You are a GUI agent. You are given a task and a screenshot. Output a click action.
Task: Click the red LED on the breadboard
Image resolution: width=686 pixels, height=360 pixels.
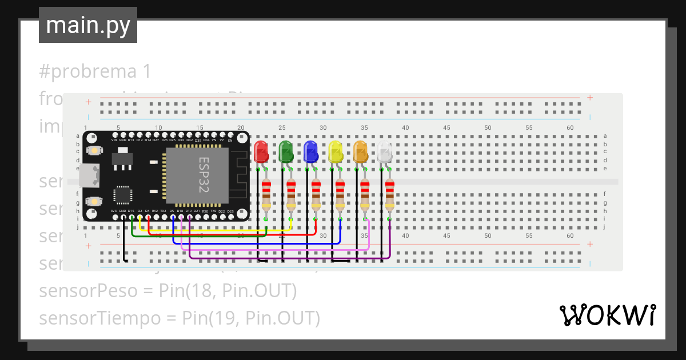[x=261, y=151]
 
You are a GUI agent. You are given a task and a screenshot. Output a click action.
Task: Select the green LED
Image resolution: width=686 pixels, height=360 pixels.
[x=285, y=151]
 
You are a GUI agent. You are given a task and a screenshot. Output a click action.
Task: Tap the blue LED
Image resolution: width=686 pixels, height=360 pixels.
[x=310, y=151]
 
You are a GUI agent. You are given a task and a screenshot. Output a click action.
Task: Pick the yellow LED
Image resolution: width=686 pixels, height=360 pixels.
[x=335, y=151]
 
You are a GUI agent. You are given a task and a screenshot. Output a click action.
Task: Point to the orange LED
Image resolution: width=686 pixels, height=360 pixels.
[x=360, y=151]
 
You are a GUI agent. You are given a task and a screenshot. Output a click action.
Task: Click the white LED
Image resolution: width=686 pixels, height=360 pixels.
[x=385, y=151]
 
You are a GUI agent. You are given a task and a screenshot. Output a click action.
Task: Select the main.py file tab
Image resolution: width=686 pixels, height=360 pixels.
[x=88, y=25]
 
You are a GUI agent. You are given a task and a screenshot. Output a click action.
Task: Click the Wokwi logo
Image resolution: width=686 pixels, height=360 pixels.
[x=607, y=315]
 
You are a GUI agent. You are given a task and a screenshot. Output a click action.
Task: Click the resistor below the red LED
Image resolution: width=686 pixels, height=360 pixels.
[x=266, y=195]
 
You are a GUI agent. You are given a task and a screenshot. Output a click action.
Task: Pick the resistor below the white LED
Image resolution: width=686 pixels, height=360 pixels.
[x=389, y=195]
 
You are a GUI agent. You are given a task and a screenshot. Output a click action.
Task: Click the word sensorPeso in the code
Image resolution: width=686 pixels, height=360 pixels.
[x=88, y=291]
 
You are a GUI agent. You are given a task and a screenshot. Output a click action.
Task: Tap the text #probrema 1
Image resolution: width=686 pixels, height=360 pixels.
[x=95, y=71]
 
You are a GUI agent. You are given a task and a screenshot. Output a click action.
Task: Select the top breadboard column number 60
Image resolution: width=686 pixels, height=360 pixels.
[x=570, y=128]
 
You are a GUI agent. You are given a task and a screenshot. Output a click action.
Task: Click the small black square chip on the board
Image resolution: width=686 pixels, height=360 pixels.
[x=123, y=194]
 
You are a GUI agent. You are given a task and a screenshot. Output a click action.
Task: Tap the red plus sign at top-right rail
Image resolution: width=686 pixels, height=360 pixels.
[x=590, y=98]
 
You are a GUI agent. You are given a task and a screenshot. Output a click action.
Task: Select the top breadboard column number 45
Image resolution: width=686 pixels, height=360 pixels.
[x=446, y=128]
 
